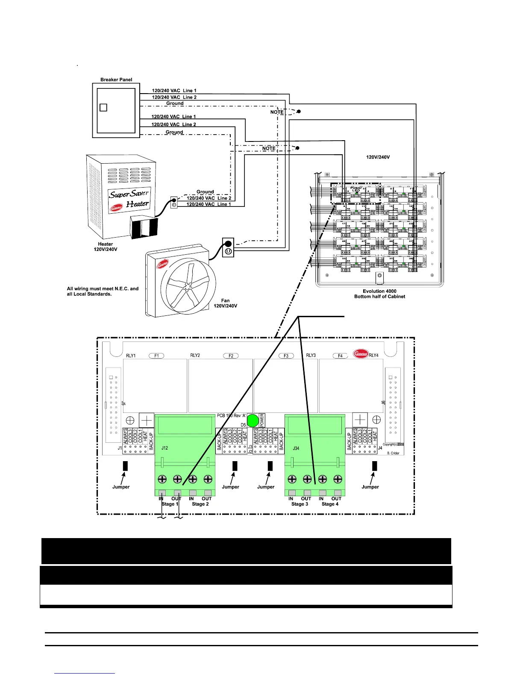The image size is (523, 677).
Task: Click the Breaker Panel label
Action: click(x=116, y=79)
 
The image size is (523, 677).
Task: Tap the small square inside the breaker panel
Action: click(x=103, y=108)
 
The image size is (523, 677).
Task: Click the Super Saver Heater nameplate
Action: click(x=129, y=199)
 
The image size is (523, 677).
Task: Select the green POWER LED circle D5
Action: click(x=253, y=421)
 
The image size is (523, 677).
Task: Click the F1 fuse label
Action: click(x=156, y=356)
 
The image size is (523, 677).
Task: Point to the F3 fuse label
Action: click(x=286, y=356)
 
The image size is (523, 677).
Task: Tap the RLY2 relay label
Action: click(x=195, y=356)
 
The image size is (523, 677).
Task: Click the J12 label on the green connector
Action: click(x=165, y=448)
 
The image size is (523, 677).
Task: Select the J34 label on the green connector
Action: click(x=296, y=448)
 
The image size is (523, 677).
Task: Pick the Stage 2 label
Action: click(x=200, y=504)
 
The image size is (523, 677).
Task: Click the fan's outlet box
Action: click(x=228, y=247)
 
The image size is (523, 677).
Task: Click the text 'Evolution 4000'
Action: click(x=379, y=291)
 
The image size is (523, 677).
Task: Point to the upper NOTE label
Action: click(x=277, y=112)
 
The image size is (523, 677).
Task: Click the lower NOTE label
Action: click(x=269, y=148)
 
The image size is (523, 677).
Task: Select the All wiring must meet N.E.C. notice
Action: click(x=103, y=291)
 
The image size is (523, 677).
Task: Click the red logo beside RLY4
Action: click(x=361, y=354)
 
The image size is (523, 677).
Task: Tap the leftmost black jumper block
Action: click(x=125, y=465)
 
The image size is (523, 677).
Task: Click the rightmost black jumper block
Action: click(x=374, y=465)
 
